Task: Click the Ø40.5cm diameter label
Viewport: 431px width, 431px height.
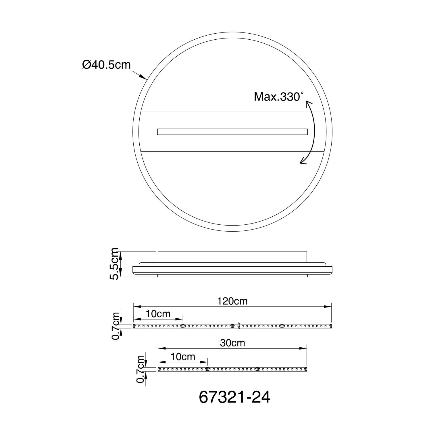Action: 107,65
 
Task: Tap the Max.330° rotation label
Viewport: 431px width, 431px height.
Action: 278,97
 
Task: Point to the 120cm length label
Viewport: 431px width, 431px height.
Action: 232,301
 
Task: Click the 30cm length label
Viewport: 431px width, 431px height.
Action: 232,343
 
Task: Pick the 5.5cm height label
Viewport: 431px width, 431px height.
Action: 114,263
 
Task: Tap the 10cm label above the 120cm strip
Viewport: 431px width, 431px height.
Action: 158,314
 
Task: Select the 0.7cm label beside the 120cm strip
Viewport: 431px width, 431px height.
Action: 116,326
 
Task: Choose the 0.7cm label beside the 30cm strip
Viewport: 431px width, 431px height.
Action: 141,369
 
